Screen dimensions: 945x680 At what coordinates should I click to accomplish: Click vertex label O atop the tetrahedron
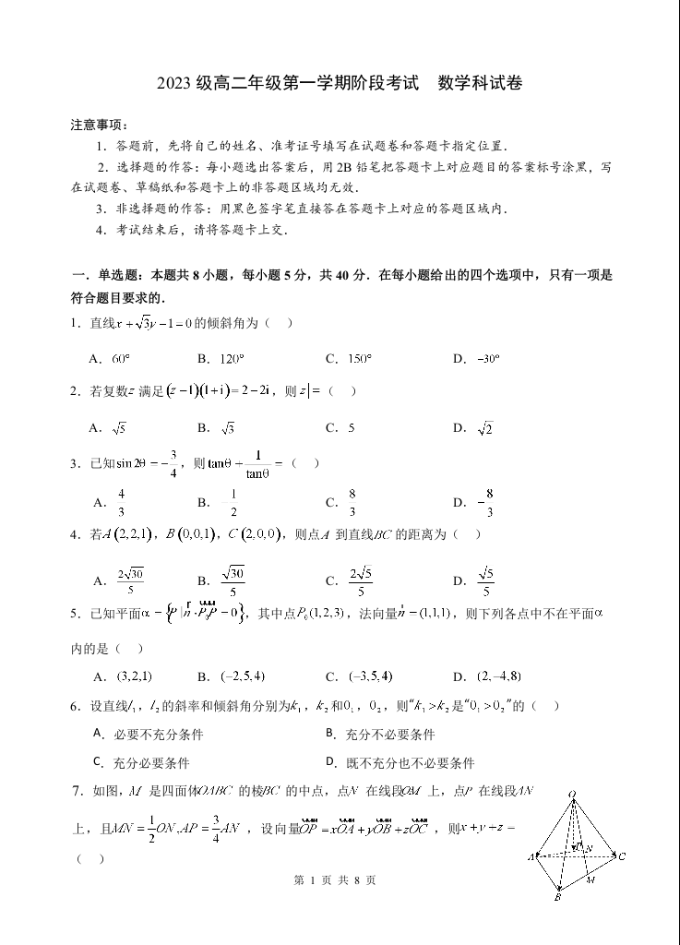click(x=572, y=793)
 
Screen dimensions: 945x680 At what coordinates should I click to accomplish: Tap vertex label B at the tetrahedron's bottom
click(x=558, y=896)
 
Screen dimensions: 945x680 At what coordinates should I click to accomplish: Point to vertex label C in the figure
click(x=623, y=856)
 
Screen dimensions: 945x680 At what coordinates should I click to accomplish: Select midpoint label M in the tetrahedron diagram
click(x=592, y=879)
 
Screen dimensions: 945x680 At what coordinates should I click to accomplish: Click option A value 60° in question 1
click(x=121, y=359)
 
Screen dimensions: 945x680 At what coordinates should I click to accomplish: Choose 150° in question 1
click(x=360, y=359)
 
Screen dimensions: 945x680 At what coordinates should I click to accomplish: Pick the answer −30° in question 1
click(x=487, y=359)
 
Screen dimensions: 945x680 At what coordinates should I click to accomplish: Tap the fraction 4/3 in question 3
click(x=121, y=503)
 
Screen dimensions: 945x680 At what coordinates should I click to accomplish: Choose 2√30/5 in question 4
click(x=131, y=581)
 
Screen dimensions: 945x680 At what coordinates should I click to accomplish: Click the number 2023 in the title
click(x=175, y=84)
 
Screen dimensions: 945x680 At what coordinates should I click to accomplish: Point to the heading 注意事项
click(x=99, y=125)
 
